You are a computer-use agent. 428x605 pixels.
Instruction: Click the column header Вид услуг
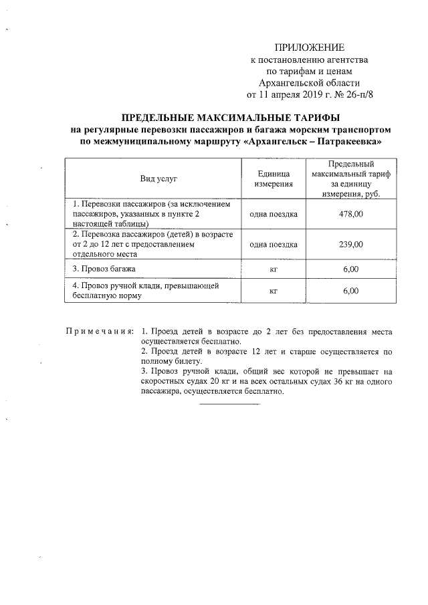(x=158, y=178)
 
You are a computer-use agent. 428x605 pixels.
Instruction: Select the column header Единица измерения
(x=273, y=178)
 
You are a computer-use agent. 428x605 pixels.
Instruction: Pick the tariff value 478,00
(x=350, y=214)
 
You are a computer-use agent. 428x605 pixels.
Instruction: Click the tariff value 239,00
(x=350, y=245)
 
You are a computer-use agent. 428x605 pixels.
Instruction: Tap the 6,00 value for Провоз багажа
(x=350, y=269)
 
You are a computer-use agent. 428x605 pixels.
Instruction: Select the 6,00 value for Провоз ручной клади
(x=350, y=291)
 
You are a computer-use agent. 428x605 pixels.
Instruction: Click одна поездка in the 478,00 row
(x=273, y=214)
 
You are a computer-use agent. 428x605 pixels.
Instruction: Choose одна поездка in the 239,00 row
(x=273, y=245)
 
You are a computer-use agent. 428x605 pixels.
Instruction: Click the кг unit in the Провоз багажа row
(x=273, y=269)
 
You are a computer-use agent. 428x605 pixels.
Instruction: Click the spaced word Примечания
(x=100, y=332)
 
